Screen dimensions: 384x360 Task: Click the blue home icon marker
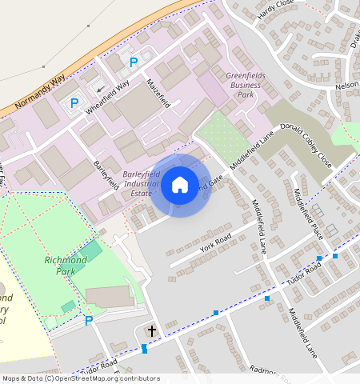(180, 186)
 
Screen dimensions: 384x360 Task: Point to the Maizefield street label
(159, 93)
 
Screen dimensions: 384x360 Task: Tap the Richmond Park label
(65, 266)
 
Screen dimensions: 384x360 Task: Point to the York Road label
(215, 243)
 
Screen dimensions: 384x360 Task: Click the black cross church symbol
(152, 330)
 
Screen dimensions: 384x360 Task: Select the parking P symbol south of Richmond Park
(89, 321)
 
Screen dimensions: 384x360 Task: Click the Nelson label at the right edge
(346, 85)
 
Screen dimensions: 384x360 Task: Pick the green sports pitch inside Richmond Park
(90, 250)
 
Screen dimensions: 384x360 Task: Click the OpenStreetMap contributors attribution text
(80, 378)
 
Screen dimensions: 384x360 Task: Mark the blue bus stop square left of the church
(144, 348)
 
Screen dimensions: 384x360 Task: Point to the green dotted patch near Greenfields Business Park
(222, 134)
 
